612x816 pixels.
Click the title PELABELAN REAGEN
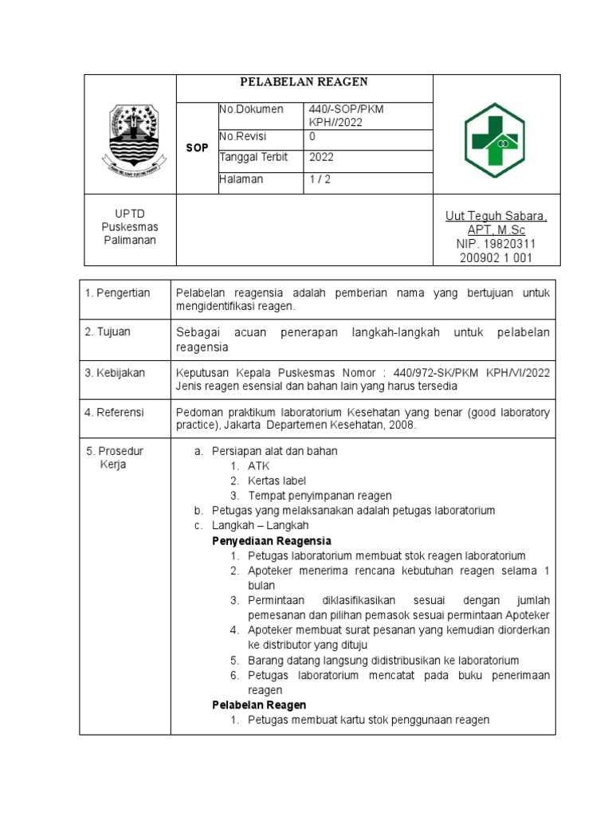tap(304, 83)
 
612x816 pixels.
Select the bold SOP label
tap(197, 149)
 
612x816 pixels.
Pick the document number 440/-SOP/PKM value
tap(347, 109)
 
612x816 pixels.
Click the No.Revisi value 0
tap(312, 136)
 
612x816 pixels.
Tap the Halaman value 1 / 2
tap(322, 180)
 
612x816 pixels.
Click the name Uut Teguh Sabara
tap(496, 217)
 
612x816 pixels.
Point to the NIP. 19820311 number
tap(496, 244)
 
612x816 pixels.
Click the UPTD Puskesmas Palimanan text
tap(129, 228)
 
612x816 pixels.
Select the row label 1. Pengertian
tap(118, 293)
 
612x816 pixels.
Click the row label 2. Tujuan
tap(108, 331)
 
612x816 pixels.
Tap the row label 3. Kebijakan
tap(116, 373)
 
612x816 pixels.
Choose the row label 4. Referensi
tap(116, 412)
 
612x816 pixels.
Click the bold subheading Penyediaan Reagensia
tap(272, 541)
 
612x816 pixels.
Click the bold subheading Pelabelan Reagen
tap(259, 705)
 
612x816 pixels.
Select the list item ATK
tap(258, 466)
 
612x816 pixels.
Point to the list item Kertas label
tap(277, 481)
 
